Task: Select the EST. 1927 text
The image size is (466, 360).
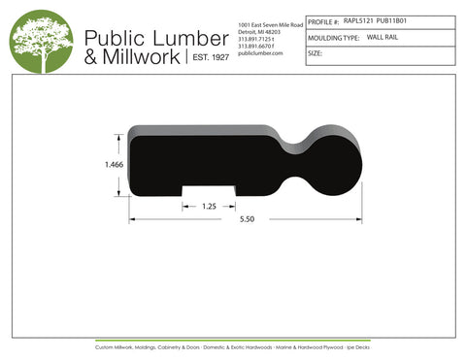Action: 208,58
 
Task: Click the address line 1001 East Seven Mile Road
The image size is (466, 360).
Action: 271,23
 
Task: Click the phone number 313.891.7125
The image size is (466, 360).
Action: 257,39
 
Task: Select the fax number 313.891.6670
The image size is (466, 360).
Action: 257,46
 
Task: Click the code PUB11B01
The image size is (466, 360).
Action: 392,18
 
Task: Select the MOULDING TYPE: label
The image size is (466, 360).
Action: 333,36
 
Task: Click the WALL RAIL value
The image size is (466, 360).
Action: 383,36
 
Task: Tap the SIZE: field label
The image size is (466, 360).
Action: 315,53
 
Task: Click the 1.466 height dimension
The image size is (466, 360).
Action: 115,166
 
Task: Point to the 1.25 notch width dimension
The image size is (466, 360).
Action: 209,207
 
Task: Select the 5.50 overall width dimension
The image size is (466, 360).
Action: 248,220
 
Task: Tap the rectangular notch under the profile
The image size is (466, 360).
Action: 209,191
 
